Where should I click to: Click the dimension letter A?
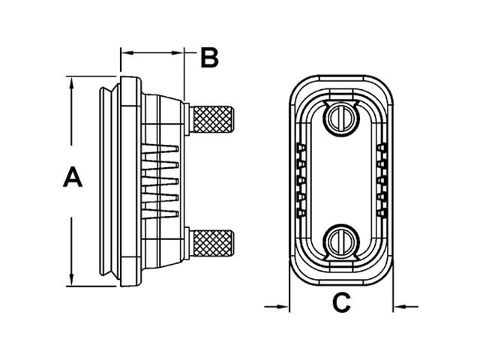point(72,178)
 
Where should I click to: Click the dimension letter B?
point(209,57)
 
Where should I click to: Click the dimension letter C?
point(341,303)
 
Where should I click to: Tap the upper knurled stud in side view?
point(213,118)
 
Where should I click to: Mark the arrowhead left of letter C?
point(283,305)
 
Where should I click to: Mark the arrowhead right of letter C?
point(400,305)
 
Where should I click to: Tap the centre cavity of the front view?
point(341,178)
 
